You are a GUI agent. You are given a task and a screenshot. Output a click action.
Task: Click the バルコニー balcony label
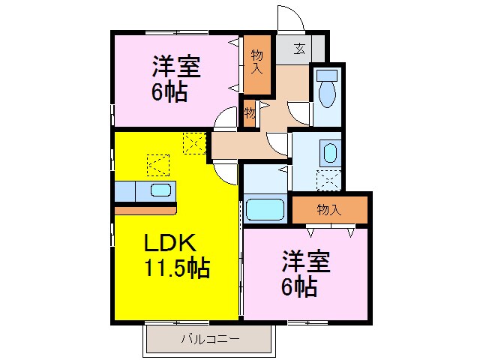click(210, 339)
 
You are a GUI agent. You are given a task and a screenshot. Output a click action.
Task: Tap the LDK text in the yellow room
click(170, 242)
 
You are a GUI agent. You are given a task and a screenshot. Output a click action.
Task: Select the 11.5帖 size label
click(177, 268)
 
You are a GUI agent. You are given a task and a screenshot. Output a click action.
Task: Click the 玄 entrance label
click(299, 48)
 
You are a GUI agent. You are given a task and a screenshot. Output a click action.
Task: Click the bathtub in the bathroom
click(265, 210)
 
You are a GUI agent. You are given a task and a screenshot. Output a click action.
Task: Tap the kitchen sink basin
click(160, 190)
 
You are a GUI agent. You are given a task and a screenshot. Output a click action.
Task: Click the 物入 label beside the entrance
click(256, 61)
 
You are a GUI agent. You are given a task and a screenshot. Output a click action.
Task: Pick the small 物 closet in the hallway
click(250, 113)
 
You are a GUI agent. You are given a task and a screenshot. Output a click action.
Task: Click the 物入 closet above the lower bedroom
click(330, 210)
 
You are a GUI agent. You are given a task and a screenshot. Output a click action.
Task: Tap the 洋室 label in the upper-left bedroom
click(176, 66)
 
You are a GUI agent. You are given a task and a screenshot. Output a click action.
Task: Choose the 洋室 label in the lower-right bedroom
click(306, 262)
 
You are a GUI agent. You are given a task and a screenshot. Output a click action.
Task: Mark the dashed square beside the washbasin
click(328, 180)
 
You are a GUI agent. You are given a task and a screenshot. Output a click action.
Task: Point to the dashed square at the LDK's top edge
click(194, 143)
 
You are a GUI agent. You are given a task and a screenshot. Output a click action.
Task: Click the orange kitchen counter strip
click(145, 211)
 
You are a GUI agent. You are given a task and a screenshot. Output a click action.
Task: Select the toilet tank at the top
click(327, 75)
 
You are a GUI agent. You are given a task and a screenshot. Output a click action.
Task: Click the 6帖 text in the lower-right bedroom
click(299, 286)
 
